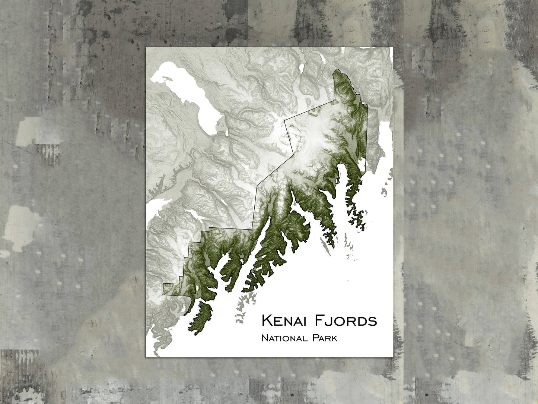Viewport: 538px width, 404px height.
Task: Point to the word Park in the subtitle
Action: click(x=324, y=338)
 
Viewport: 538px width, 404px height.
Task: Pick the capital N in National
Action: click(x=264, y=338)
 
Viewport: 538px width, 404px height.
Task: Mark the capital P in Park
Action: click(x=315, y=338)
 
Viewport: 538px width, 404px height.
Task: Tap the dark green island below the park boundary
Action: click(x=201, y=313)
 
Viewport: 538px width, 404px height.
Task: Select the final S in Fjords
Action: click(x=373, y=321)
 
